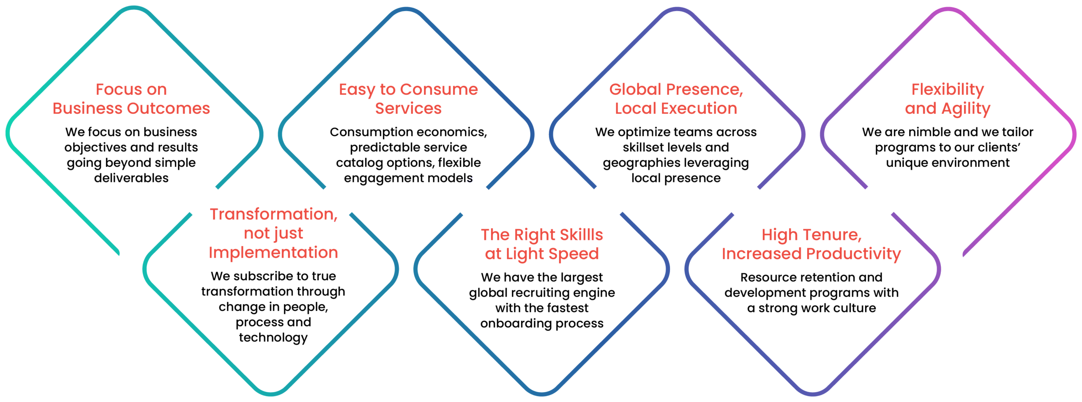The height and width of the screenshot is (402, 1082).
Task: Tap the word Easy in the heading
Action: [x=357, y=90]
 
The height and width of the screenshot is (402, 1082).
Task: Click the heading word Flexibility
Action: [x=948, y=90]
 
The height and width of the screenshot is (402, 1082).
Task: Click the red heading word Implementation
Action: [x=273, y=253]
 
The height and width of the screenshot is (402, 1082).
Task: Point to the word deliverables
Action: [x=131, y=178]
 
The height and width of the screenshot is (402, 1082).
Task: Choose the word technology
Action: [x=273, y=338]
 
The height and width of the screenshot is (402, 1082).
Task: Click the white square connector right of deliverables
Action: [x=204, y=201]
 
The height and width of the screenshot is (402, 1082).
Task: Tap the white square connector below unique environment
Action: [x=879, y=201]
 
